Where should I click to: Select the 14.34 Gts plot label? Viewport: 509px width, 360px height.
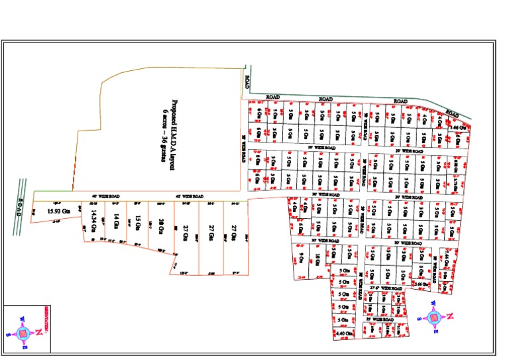(x=95, y=219)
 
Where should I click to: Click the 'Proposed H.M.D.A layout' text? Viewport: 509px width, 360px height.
(x=174, y=136)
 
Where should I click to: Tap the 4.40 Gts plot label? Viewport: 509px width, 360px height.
(x=343, y=333)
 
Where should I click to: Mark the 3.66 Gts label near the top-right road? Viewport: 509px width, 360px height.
(x=457, y=127)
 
